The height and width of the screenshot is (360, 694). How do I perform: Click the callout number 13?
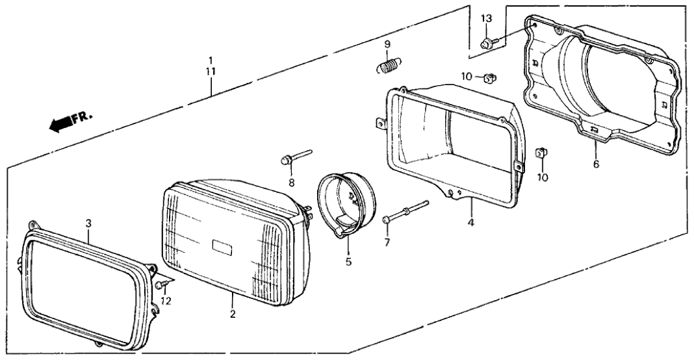point(487,19)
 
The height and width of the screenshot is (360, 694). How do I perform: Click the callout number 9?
point(387,44)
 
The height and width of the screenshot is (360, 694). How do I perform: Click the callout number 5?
point(348,263)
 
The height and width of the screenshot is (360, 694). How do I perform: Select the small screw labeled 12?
point(161,285)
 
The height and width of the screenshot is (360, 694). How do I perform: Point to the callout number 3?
point(89,223)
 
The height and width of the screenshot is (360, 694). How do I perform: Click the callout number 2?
point(232,315)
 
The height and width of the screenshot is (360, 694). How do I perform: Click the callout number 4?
point(470,222)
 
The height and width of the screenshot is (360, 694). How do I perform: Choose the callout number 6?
point(595,164)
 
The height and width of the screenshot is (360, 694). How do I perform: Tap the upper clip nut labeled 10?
point(490,79)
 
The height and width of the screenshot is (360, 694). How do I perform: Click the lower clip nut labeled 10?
point(540,153)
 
